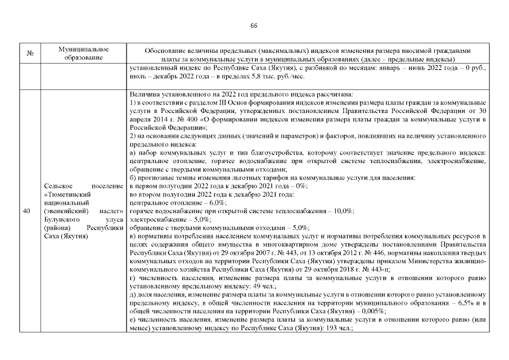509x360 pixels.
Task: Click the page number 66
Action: (x=254, y=26)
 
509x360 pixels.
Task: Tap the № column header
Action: (x=29, y=54)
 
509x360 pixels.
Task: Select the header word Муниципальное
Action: (x=83, y=49)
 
